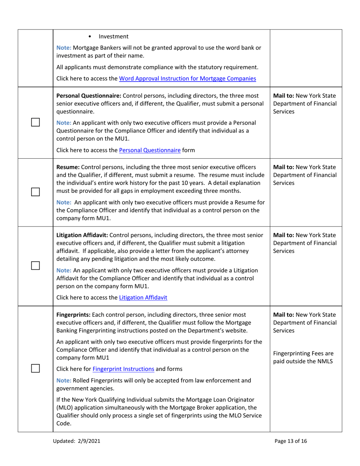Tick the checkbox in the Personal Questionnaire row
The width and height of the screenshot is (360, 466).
[x=35, y=122]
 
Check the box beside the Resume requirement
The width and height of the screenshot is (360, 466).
[x=35, y=192]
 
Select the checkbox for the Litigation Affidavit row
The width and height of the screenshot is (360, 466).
[x=35, y=266]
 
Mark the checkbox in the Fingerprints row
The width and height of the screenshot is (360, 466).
[x=35, y=369]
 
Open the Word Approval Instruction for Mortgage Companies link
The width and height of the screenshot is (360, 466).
[x=187, y=79]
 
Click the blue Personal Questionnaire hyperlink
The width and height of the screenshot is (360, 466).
[x=150, y=150]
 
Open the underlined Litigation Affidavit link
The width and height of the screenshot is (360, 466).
[x=143, y=298]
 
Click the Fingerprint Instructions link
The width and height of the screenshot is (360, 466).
[x=123, y=369]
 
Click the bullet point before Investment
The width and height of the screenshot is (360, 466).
[x=89, y=37]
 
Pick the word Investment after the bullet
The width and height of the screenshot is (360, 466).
[x=113, y=37]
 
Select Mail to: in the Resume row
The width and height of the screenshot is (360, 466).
[x=284, y=167]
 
